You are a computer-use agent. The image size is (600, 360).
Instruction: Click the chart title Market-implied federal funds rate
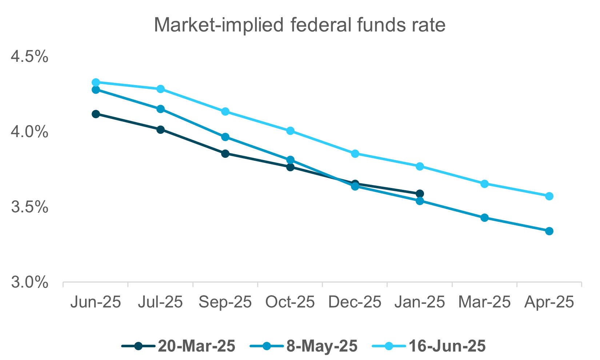(300, 25)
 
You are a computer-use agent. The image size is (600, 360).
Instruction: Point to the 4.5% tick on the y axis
(29, 57)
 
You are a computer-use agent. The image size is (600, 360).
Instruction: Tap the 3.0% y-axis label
(29, 283)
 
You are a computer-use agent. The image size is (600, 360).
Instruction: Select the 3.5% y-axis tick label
(29, 207)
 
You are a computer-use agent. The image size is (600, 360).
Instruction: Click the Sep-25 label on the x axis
(225, 302)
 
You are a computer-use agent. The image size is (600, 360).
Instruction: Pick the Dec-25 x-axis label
(355, 302)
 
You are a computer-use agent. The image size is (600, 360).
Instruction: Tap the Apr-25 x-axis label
(549, 302)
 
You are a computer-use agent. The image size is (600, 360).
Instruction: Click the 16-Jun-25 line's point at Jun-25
(96, 83)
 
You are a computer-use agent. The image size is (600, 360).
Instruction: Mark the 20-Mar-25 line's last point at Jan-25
(420, 193)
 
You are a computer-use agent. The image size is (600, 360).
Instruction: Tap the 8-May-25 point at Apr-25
(549, 231)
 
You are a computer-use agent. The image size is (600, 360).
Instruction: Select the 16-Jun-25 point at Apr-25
(549, 196)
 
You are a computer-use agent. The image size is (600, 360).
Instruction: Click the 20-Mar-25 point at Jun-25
(96, 114)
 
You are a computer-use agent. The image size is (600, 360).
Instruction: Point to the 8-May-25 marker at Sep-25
(225, 137)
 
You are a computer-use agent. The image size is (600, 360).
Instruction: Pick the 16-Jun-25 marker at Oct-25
(290, 131)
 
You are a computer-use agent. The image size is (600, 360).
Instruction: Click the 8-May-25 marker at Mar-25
(484, 218)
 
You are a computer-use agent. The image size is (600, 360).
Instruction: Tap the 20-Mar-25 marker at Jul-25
(160, 129)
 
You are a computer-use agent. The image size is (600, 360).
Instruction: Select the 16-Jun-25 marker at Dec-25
(355, 154)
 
